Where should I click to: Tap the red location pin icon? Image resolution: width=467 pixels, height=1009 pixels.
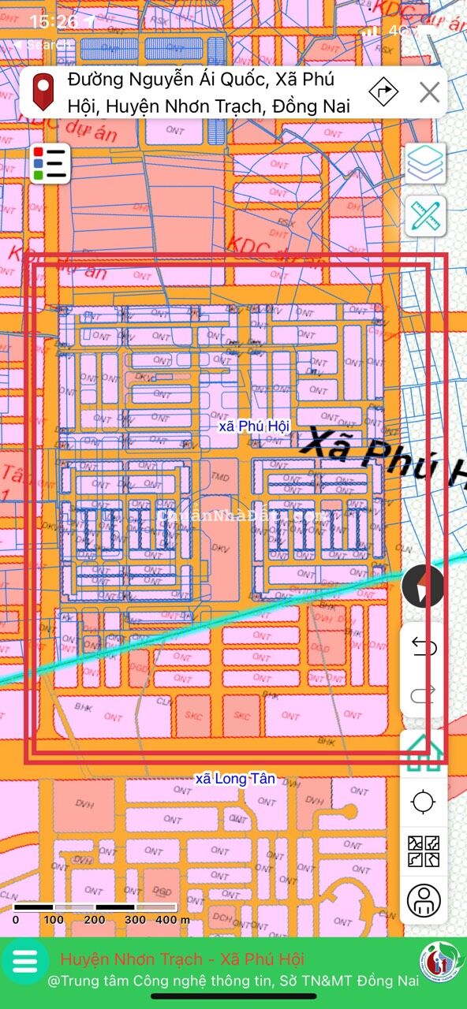pyautogui.click(x=43, y=91)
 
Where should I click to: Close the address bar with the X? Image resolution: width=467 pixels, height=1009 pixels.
pyautogui.click(x=429, y=92)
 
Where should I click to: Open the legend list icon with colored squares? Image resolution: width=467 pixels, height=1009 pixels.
pyautogui.click(x=51, y=163)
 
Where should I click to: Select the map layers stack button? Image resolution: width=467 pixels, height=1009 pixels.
pyautogui.click(x=425, y=162)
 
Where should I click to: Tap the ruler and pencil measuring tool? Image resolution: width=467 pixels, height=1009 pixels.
pyautogui.click(x=425, y=216)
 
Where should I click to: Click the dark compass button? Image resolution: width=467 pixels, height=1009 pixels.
pyautogui.click(x=423, y=586)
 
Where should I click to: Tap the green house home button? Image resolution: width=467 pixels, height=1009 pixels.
pyautogui.click(x=423, y=753)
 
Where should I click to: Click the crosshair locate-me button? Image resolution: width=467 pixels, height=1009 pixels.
pyautogui.click(x=424, y=802)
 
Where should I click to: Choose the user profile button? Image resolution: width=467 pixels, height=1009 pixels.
pyautogui.click(x=424, y=899)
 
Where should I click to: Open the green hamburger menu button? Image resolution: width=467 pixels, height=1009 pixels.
pyautogui.click(x=25, y=960)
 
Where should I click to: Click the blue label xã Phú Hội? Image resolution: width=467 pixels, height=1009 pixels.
pyautogui.click(x=254, y=426)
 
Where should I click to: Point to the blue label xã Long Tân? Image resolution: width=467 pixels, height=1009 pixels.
pyautogui.click(x=235, y=779)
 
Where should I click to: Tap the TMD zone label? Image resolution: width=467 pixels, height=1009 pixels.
pyautogui.click(x=220, y=477)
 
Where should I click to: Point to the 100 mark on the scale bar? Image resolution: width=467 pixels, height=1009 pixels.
pyautogui.click(x=54, y=919)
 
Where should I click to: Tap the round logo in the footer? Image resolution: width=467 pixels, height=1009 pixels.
pyautogui.click(x=442, y=960)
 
